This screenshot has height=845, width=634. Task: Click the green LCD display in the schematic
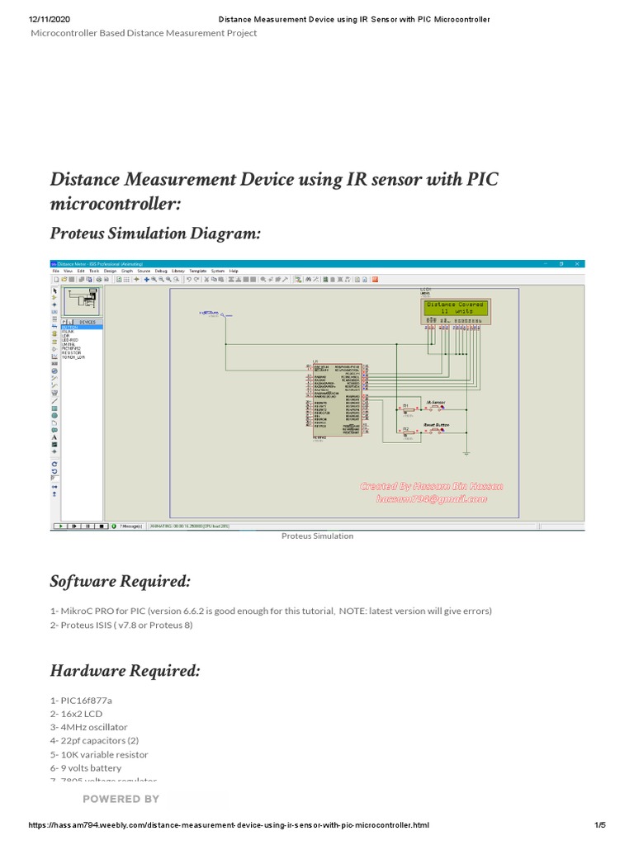click(x=454, y=309)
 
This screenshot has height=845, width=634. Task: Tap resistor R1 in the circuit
click(x=405, y=408)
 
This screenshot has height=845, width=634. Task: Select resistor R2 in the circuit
click(x=405, y=431)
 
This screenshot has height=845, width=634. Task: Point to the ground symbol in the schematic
click(x=466, y=451)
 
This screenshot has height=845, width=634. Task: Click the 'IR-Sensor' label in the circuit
click(x=435, y=402)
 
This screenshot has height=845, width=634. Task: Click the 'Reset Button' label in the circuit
click(x=436, y=424)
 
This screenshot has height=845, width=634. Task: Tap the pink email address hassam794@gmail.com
click(x=432, y=498)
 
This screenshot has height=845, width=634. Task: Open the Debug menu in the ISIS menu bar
click(x=161, y=271)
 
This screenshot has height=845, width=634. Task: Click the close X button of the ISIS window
click(x=578, y=263)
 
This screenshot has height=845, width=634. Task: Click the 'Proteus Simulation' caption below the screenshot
click(x=317, y=536)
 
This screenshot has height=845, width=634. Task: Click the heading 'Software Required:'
click(x=121, y=582)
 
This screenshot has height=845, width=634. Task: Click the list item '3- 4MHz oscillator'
click(x=89, y=727)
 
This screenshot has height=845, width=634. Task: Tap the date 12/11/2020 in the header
click(x=51, y=19)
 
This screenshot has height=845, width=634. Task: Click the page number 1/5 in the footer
click(x=600, y=825)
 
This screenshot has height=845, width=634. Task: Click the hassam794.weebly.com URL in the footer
click(x=229, y=825)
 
